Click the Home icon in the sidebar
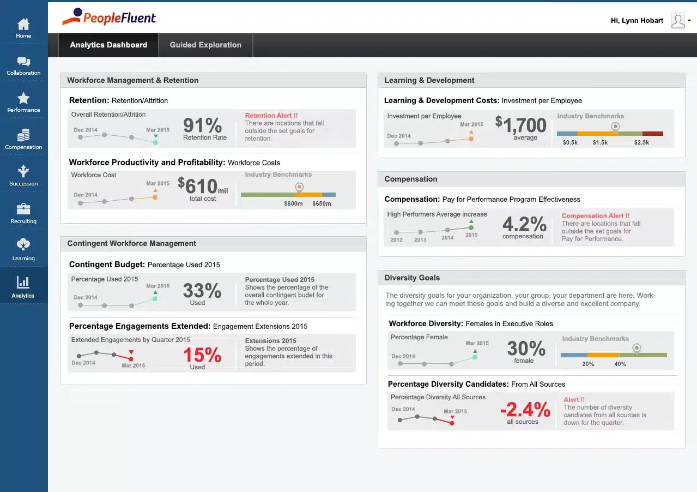pos(23,24)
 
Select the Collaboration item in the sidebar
pos(23,66)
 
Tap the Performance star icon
pos(23,98)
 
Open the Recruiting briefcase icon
pos(23,209)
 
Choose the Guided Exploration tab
pos(205,45)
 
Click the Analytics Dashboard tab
pos(108,45)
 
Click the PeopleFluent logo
pos(109,17)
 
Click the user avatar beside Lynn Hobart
pos(678,21)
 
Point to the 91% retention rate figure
pos(203,125)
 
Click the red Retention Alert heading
pos(271,115)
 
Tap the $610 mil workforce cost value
pos(203,185)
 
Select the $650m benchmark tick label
pos(322,203)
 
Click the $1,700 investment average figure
pos(521,124)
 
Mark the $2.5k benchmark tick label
pos(641,142)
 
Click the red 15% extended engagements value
pos(202,355)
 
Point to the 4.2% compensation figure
pos(524,224)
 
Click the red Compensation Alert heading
pos(596,216)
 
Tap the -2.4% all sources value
pos(525,409)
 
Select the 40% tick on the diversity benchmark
pos(620,364)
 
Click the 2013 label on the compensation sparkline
pos(420,240)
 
